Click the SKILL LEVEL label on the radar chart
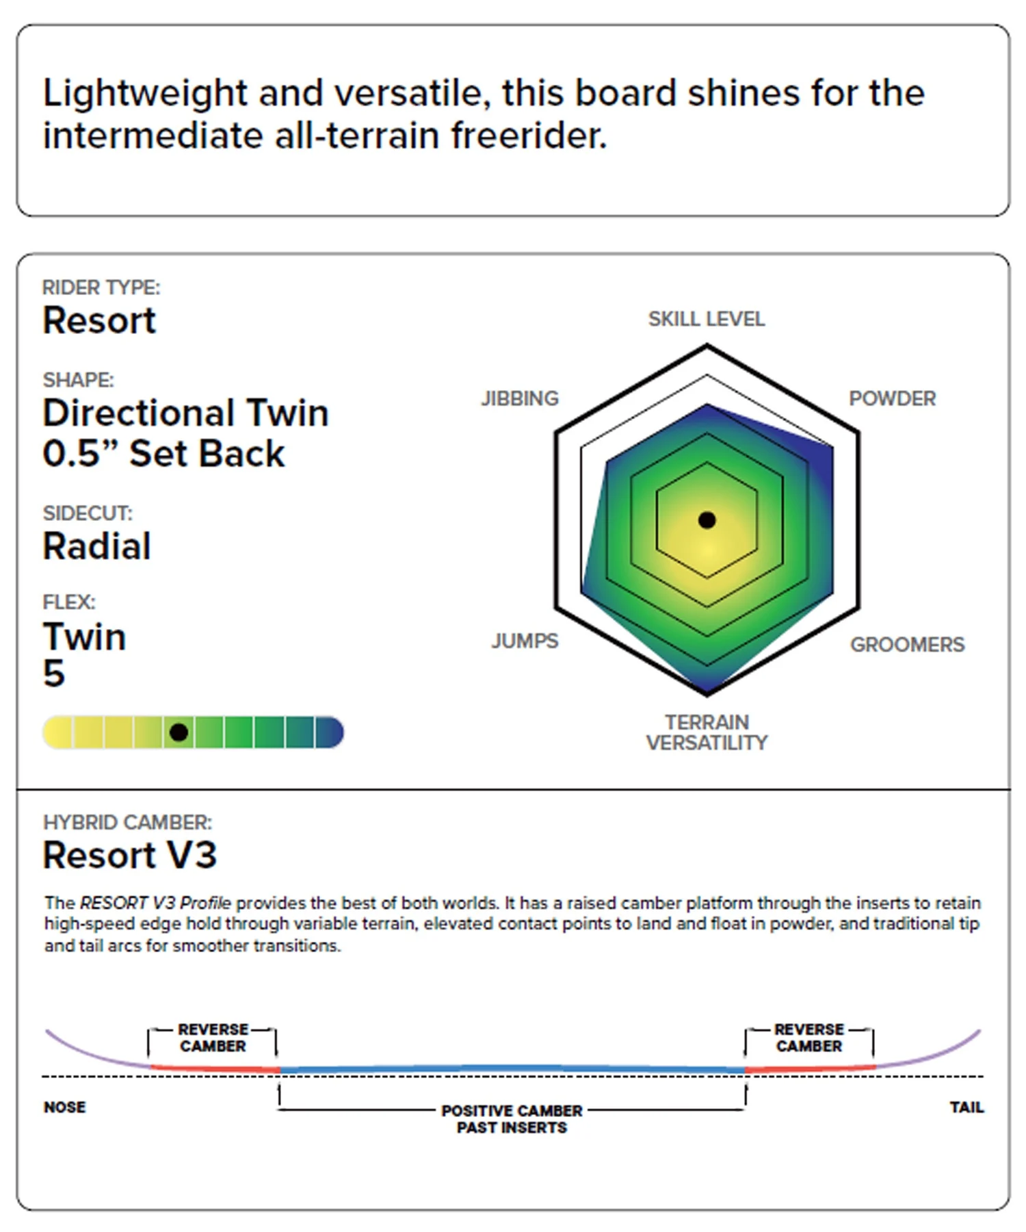(x=707, y=319)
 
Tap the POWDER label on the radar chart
(x=892, y=398)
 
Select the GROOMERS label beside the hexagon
(x=907, y=644)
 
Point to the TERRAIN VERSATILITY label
(x=707, y=732)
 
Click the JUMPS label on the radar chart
(x=525, y=641)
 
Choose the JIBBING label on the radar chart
(x=520, y=398)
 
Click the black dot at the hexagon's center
(x=707, y=520)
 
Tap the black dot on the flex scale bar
(x=179, y=732)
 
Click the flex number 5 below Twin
(x=54, y=673)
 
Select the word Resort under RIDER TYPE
(x=99, y=320)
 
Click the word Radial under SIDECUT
(x=96, y=546)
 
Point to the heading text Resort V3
(x=130, y=855)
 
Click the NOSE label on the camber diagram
(x=65, y=1107)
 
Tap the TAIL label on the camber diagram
(x=966, y=1107)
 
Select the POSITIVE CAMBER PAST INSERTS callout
(x=512, y=1118)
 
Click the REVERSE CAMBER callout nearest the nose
(x=213, y=1038)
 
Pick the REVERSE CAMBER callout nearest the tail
(x=809, y=1038)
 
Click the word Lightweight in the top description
(x=145, y=94)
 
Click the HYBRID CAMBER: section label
(x=127, y=822)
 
